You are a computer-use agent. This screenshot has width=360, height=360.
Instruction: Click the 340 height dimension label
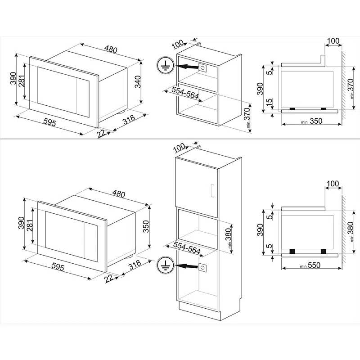click(138, 81)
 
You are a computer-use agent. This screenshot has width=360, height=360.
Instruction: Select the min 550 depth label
click(310, 265)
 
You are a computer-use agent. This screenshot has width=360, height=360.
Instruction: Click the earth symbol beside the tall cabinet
click(165, 265)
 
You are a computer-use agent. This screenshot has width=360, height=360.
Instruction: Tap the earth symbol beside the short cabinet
click(165, 65)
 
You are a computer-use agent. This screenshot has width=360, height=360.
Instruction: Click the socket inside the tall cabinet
click(202, 267)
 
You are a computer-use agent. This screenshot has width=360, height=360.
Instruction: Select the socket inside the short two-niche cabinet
click(202, 68)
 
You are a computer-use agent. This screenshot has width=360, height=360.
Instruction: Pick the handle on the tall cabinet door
click(212, 190)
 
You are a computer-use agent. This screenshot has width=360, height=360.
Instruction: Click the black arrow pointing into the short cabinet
click(187, 67)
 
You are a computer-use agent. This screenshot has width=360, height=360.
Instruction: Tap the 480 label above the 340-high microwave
click(111, 49)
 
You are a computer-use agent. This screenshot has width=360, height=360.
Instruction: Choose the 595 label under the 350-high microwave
click(58, 266)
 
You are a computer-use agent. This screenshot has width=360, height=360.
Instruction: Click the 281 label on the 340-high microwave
click(22, 81)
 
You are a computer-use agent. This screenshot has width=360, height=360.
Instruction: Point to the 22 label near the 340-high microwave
click(101, 133)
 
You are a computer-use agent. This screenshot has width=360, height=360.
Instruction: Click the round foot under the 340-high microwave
click(121, 112)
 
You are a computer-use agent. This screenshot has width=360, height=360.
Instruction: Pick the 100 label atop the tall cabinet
click(179, 147)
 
